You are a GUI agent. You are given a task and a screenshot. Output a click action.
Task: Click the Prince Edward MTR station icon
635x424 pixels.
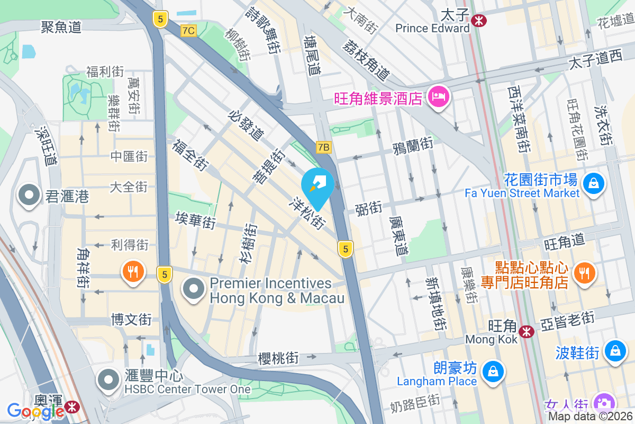point(480,21)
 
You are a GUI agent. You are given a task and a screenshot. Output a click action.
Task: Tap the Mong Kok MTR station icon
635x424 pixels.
point(526,332)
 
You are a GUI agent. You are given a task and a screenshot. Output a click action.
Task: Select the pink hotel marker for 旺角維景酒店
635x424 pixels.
point(439,96)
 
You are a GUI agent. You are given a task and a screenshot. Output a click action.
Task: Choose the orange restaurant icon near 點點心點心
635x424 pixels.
point(584,273)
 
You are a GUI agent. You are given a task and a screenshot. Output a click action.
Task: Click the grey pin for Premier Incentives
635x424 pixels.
point(194,289)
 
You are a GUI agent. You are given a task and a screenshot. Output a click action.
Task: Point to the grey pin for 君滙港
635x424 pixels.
point(29,196)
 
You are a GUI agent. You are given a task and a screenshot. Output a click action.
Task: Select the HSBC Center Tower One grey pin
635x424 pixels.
point(109,379)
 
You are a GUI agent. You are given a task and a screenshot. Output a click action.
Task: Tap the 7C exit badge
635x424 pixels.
point(188,31)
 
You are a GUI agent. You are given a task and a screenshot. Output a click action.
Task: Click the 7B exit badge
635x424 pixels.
point(323,147)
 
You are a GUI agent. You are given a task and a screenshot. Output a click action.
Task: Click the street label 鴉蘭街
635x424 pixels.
point(413,145)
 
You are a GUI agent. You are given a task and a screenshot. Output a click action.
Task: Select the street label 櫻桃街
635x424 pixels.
point(278,358)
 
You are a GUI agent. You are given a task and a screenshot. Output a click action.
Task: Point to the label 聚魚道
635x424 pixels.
point(61,26)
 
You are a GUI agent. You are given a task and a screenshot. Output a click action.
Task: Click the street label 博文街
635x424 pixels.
point(131,320)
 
